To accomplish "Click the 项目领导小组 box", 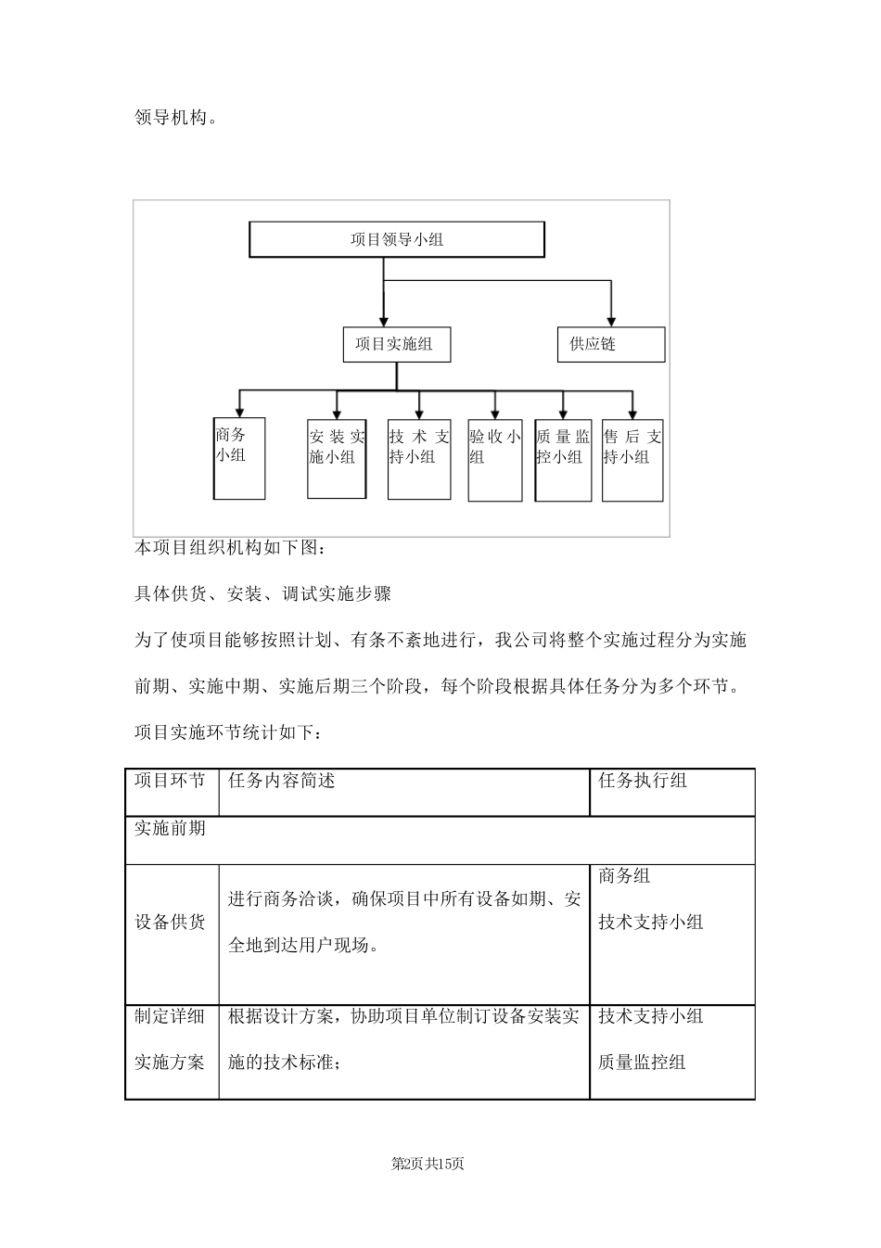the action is pos(397,239).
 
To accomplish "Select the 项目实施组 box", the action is pos(396,345).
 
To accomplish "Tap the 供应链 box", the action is pos(610,345).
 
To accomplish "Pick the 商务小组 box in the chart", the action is pos(239,458).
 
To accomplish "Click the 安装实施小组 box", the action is pos(337,458).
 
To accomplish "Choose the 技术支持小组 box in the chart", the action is pos(419,458).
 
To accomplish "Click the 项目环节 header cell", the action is pos(171,781).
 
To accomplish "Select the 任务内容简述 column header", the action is pos(282,781).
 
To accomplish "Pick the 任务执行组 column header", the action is pos(643,781).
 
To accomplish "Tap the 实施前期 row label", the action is pos(171,828).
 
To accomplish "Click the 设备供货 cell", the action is pos(171,923).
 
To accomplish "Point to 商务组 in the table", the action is pos(624,875).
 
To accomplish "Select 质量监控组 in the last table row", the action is pos(642,1063).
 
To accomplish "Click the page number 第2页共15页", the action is pos(428,1164).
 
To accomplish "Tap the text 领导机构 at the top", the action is pos(175,118).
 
